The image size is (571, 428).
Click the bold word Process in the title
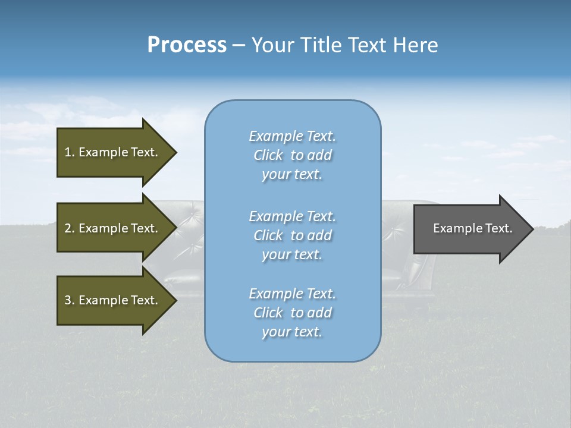(187, 45)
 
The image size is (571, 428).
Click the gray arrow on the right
(470, 228)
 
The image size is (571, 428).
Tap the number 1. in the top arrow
(70, 152)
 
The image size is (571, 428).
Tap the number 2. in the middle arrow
(70, 228)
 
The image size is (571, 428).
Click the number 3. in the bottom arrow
(70, 300)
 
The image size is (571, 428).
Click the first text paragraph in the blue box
(292, 155)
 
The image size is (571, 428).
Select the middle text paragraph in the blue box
(292, 235)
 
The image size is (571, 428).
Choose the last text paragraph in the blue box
(292, 313)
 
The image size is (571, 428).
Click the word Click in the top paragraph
(268, 155)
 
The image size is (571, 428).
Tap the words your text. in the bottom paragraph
(292, 332)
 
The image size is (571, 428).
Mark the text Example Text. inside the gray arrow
(472, 228)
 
